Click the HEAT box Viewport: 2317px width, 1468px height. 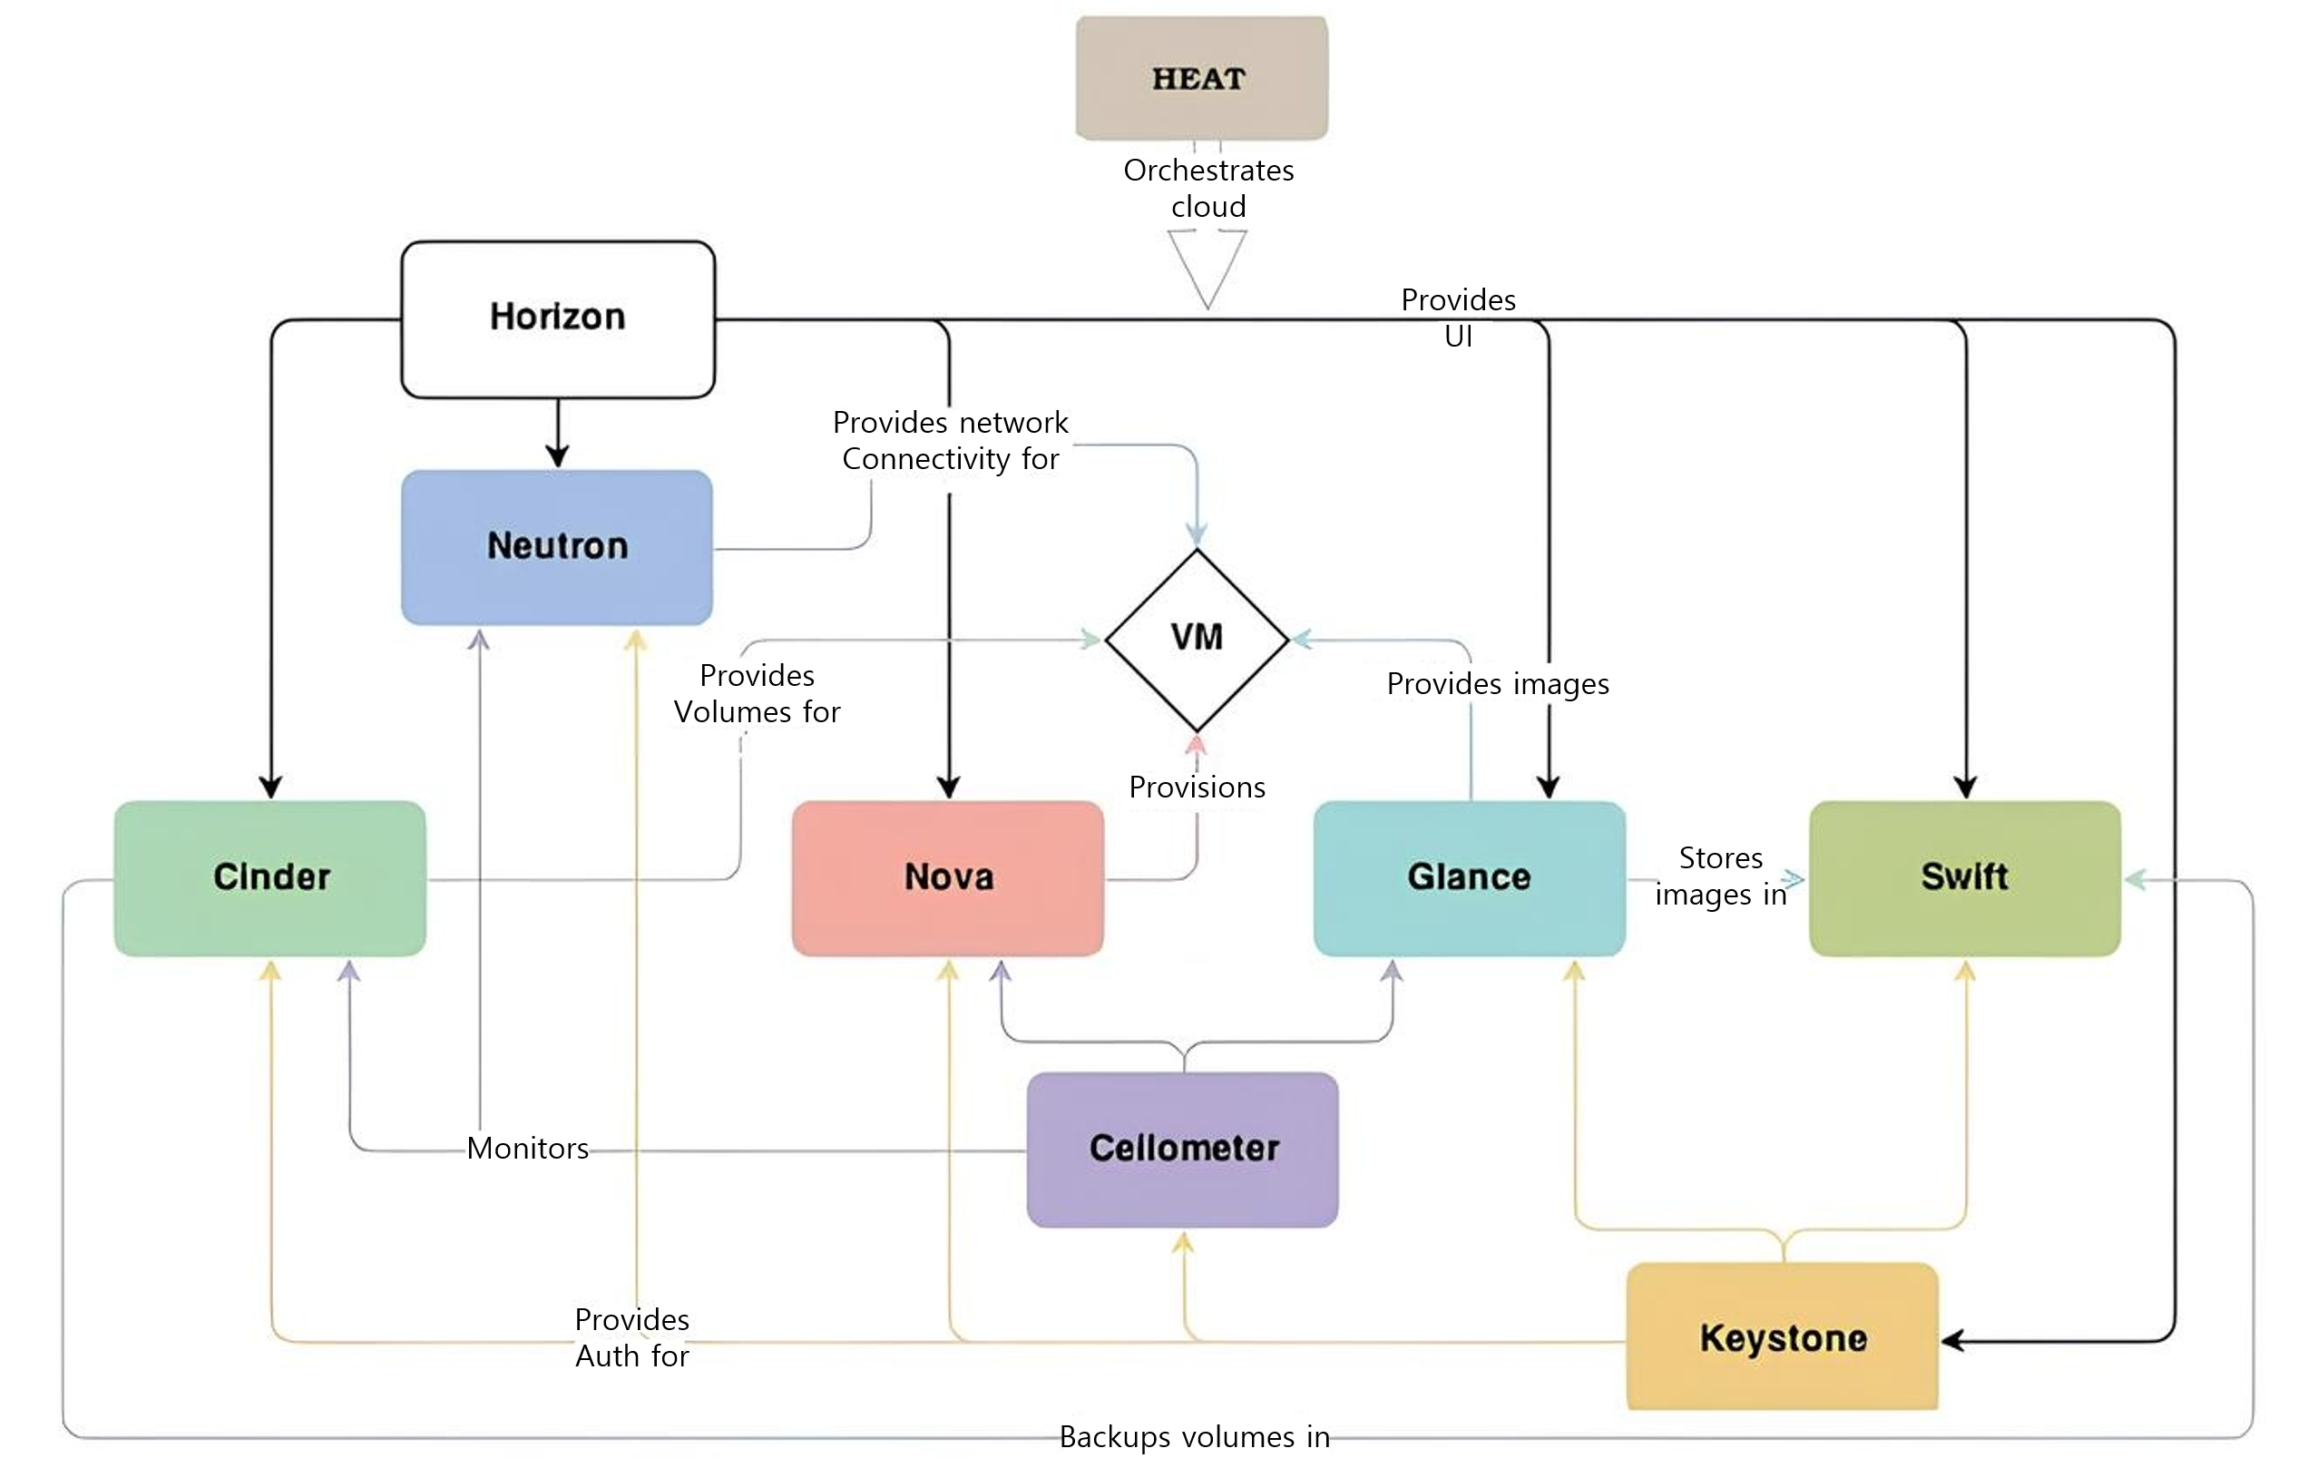[x=1201, y=78]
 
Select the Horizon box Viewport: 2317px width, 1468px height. [x=558, y=318]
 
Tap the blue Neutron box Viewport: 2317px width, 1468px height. [x=557, y=546]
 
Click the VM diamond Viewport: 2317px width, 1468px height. [x=1196, y=639]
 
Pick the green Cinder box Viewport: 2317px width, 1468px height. [x=270, y=877]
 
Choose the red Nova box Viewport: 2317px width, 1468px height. [x=948, y=877]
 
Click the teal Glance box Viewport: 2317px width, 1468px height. [x=1470, y=877]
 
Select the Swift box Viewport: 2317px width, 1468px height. [x=1965, y=877]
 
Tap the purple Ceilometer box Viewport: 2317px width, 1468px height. [x=1183, y=1149]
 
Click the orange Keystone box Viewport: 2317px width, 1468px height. [x=1782, y=1337]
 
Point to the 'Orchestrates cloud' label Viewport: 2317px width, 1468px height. [x=1208, y=189]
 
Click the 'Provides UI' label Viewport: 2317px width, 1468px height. [x=1458, y=318]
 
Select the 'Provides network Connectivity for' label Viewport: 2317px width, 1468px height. [x=951, y=441]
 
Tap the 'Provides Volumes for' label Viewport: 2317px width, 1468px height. [x=758, y=693]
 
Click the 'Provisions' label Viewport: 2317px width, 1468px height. [x=1197, y=787]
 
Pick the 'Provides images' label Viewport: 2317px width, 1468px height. [x=1497, y=684]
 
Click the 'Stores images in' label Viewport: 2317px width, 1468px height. [x=1720, y=876]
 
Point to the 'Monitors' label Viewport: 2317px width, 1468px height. [x=527, y=1148]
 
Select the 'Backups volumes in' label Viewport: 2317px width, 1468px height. [x=1194, y=1437]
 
